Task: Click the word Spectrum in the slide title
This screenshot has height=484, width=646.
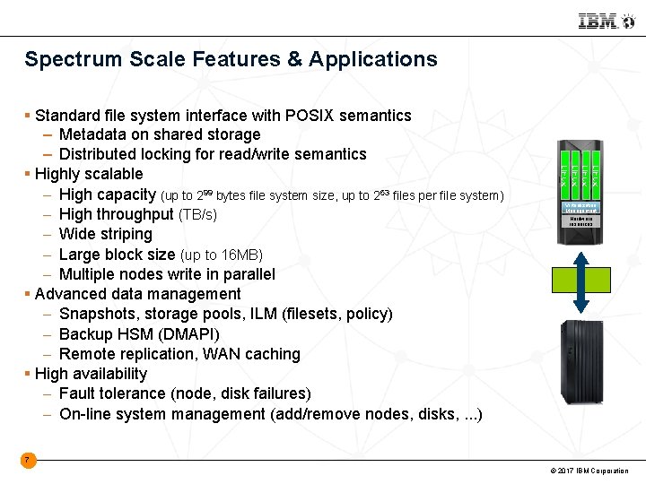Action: (x=68, y=60)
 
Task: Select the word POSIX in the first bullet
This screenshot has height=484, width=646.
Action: (x=310, y=116)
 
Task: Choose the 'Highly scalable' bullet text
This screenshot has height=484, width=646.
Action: (x=89, y=174)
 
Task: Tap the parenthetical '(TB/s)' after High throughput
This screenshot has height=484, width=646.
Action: (x=197, y=215)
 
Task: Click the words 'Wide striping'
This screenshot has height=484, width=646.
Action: (x=106, y=235)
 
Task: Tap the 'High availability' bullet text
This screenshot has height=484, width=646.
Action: (x=91, y=374)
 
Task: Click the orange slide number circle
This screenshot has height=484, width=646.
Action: (x=28, y=461)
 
